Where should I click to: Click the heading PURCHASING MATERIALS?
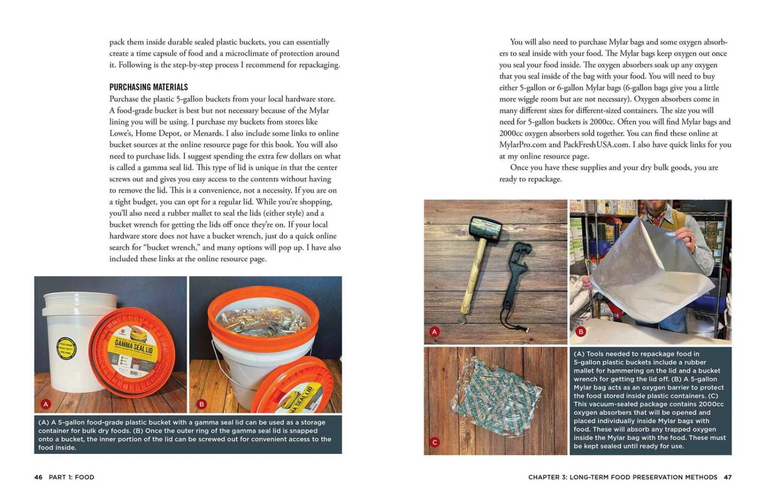click(149, 87)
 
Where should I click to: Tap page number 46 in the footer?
click(38, 477)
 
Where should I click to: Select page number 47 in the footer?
click(728, 477)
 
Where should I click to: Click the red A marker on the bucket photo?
click(46, 404)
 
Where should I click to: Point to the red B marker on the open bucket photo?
click(201, 404)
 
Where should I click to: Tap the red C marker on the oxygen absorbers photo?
click(435, 442)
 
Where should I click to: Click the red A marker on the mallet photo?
click(435, 332)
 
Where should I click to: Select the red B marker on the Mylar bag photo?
click(581, 332)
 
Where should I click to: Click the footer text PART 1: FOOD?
click(71, 477)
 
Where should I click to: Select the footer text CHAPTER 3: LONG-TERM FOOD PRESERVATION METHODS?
click(623, 477)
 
